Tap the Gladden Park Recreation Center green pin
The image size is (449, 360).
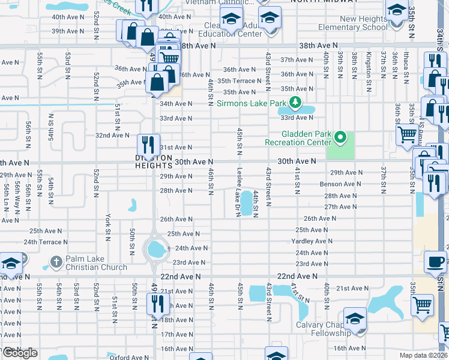340,137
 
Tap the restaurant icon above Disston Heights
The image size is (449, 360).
148,145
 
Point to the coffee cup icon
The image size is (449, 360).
435,262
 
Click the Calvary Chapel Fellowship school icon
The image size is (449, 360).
355,319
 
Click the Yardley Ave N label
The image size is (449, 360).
310,242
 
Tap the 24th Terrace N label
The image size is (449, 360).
46,242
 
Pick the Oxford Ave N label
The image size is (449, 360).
128,358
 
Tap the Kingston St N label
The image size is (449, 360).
369,65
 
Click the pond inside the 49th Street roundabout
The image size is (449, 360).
157,247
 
